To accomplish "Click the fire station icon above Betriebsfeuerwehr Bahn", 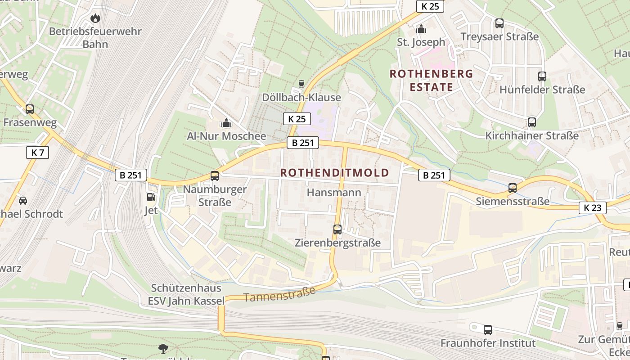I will [95, 18].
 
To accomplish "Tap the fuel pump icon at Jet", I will [151, 197].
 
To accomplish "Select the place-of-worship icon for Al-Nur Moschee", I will [226, 123].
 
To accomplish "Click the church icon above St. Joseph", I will [421, 29].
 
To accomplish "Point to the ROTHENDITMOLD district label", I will [334, 173].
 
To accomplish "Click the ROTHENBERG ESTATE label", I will [431, 80].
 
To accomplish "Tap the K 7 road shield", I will [37, 153].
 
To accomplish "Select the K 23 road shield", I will [592, 207].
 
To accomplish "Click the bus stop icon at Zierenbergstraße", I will [337, 229].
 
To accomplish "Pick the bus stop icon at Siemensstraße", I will [513, 188].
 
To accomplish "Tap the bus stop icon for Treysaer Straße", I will [499, 23].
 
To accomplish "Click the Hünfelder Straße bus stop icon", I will [542, 76].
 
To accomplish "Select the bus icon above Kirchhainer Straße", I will [532, 122].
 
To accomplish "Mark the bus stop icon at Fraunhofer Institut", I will [488, 330].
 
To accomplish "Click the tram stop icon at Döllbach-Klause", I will [301, 84].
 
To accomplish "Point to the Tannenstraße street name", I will [279, 294].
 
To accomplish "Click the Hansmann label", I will [334, 193].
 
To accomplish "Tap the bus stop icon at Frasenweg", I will [30, 109].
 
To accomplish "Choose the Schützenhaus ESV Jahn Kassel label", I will [186, 294].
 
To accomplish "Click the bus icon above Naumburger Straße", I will [215, 176].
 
